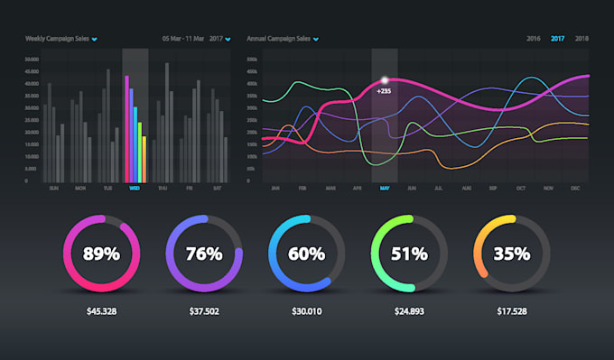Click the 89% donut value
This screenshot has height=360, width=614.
101,254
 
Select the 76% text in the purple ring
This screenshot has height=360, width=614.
204,254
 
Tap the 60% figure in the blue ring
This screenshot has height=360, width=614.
307,254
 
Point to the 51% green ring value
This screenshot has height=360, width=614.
409,254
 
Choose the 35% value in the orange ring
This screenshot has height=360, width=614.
512,254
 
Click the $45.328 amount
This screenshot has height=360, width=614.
101,311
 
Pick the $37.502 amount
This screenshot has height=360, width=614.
204,311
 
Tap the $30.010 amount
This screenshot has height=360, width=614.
307,311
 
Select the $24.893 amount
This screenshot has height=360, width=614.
409,311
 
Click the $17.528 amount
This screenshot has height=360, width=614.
512,311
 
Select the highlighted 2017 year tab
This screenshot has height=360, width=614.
558,39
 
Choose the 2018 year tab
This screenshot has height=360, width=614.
581,39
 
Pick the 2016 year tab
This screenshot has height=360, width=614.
534,39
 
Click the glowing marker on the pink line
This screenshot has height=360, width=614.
385,80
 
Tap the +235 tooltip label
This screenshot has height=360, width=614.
384,91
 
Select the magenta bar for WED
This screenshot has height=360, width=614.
126,128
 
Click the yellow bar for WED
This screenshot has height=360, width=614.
144,158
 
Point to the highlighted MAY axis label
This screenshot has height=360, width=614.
385,189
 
